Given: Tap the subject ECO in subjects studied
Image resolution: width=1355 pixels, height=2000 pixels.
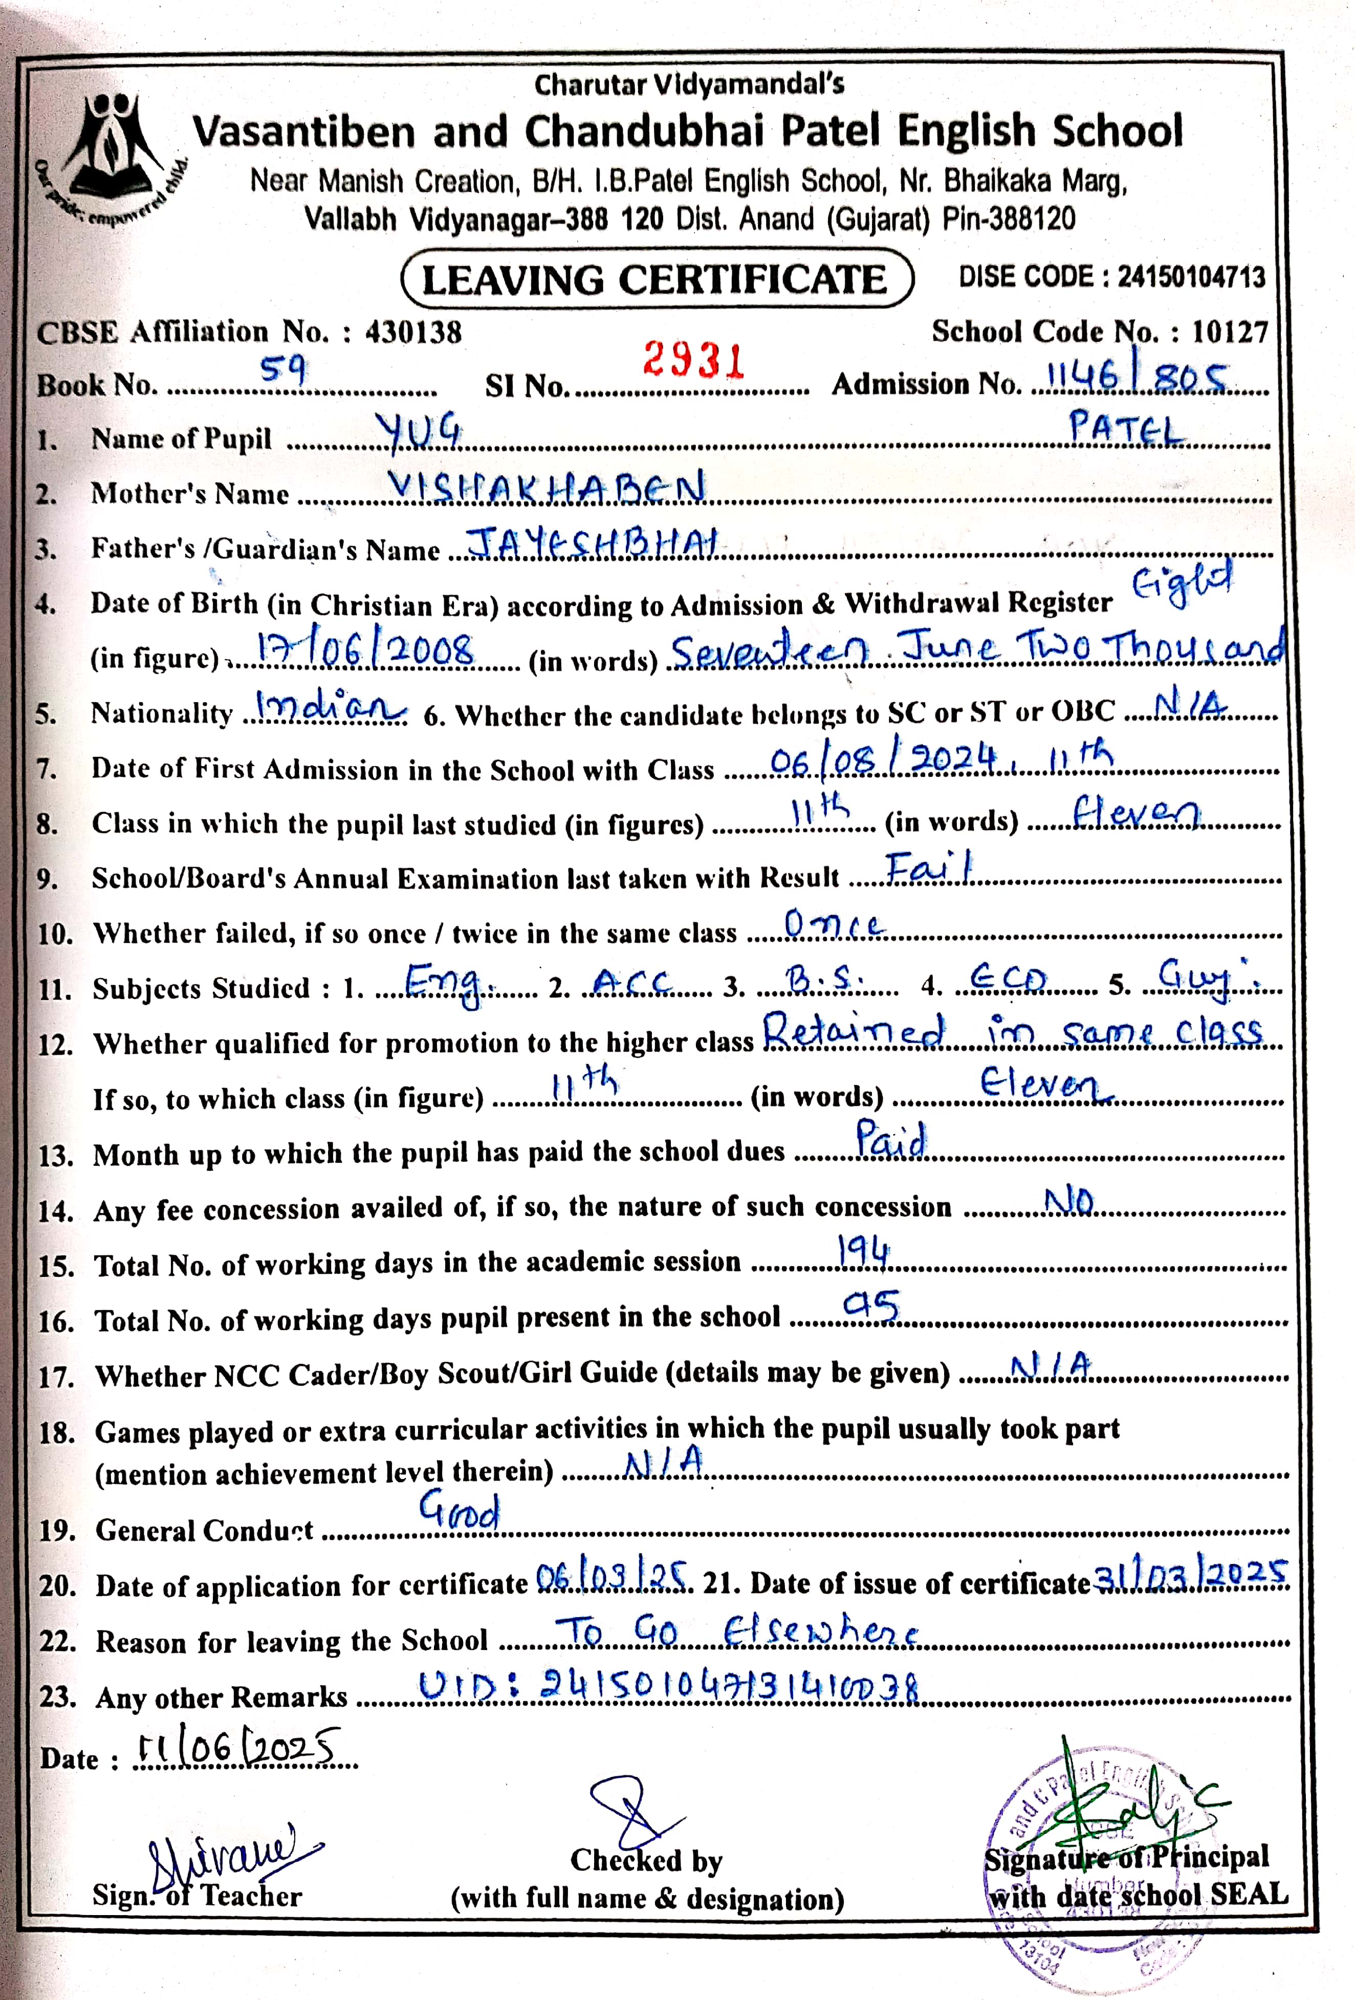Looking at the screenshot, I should coord(1008,980).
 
